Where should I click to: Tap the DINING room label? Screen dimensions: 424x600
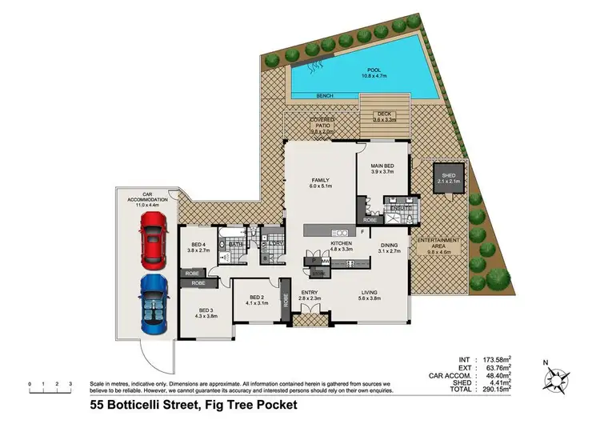tap(390, 246)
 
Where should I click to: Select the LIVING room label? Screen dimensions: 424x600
tap(369, 294)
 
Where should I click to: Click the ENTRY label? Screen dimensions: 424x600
tap(309, 294)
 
